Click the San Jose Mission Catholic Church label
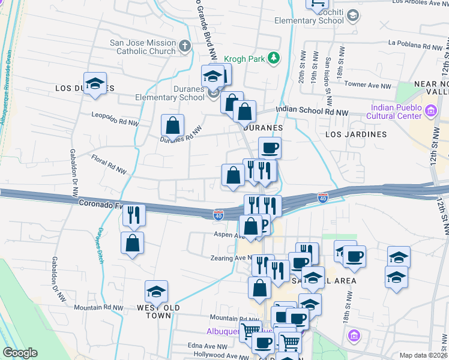pos(142,47)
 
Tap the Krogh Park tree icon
pos(274,58)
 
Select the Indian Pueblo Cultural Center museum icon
pos(430,110)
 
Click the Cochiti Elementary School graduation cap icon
pos(353,15)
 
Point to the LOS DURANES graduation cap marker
pos(95,84)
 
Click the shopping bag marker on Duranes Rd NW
pos(173,126)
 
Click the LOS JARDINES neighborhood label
pos(356,134)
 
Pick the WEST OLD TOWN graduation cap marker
pos(156,292)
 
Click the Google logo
pos(20,353)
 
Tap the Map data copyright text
pos(423,355)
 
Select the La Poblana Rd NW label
pos(415,44)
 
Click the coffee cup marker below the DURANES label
pos(270,147)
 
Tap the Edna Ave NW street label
pos(207,346)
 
